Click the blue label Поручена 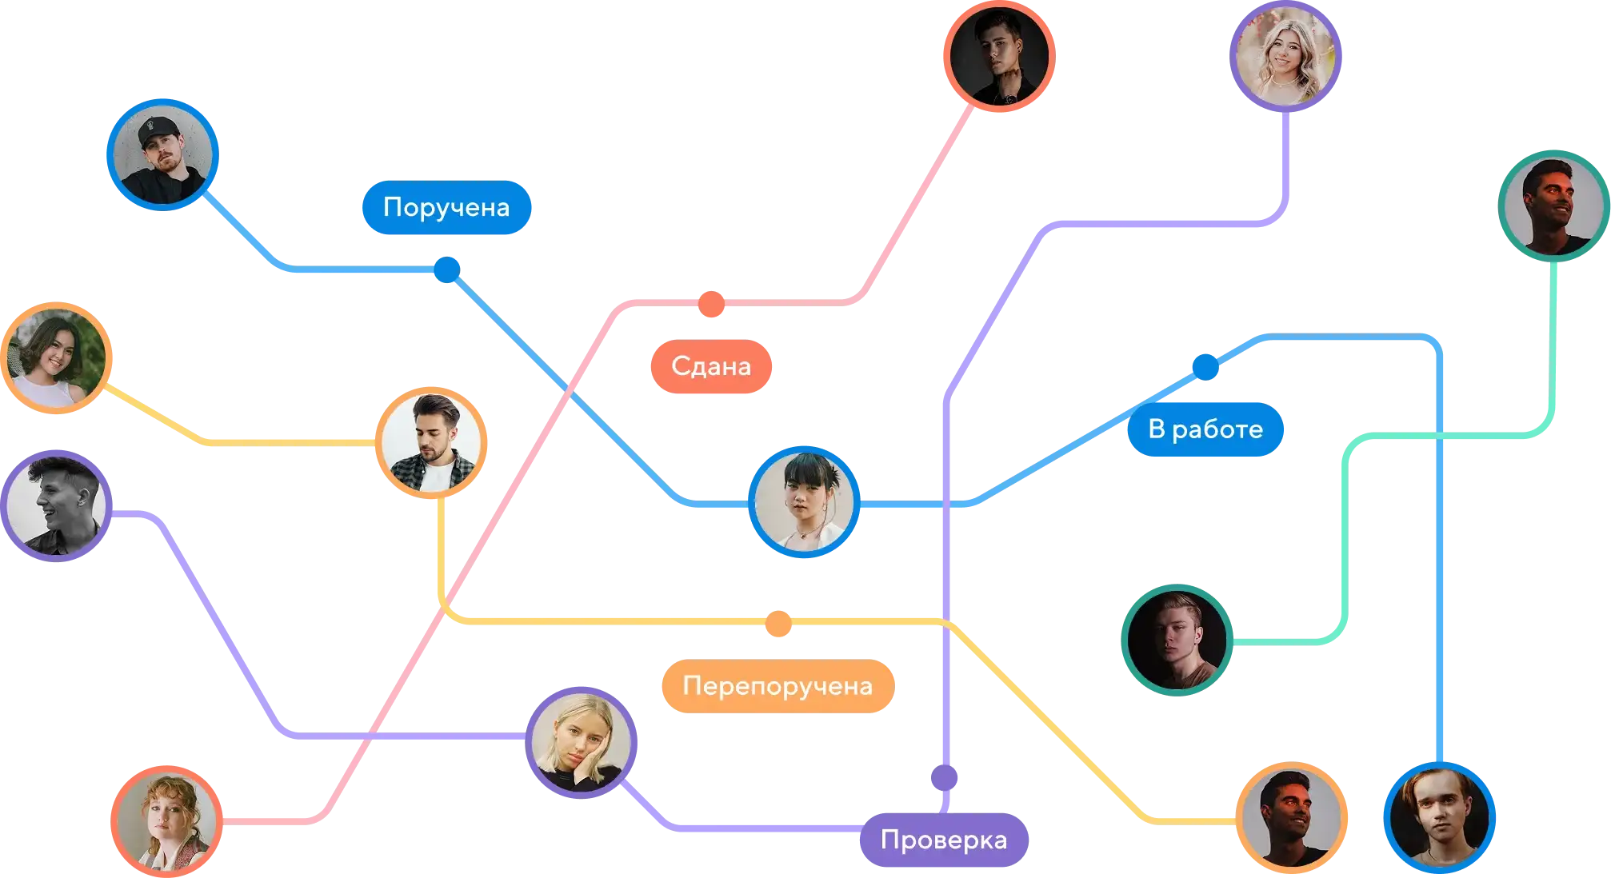point(446,207)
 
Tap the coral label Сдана point(710,366)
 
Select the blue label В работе point(1205,429)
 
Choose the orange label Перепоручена point(777,686)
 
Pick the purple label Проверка point(943,840)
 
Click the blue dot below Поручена point(446,269)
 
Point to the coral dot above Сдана point(710,304)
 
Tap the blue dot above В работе point(1205,367)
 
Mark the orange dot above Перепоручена point(778,624)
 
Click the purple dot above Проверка point(944,777)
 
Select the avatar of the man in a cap point(162,154)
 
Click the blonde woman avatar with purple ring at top point(1285,55)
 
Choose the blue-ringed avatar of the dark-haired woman point(805,501)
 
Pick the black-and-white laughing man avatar point(56,505)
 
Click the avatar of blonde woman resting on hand point(582,741)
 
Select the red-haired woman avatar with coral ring point(166,820)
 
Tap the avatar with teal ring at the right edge point(1553,205)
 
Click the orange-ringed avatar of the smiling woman point(56,357)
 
